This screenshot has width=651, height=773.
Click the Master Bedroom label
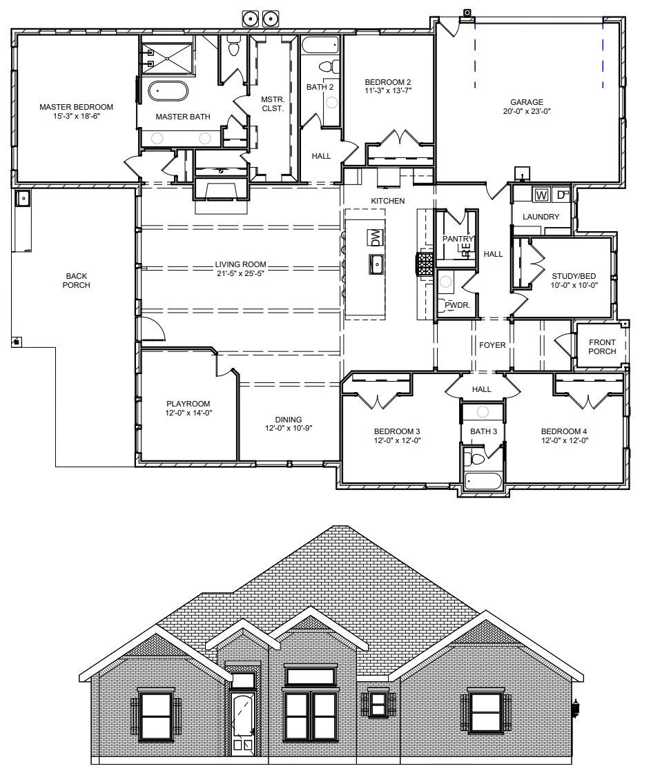(x=76, y=107)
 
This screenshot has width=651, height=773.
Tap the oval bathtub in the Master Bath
(x=168, y=91)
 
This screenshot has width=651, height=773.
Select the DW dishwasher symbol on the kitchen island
(x=376, y=238)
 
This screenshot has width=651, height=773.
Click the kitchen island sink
(x=376, y=264)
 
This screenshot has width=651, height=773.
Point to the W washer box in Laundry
(x=541, y=195)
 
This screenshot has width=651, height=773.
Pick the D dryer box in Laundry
(x=561, y=195)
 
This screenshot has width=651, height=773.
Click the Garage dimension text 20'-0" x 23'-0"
(x=527, y=111)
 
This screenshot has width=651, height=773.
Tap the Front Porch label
(x=602, y=346)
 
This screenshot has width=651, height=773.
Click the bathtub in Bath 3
(x=483, y=480)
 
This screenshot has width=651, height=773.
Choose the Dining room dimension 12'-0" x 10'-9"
(x=289, y=428)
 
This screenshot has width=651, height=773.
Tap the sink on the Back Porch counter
(x=22, y=199)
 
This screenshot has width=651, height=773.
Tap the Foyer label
(x=492, y=345)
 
